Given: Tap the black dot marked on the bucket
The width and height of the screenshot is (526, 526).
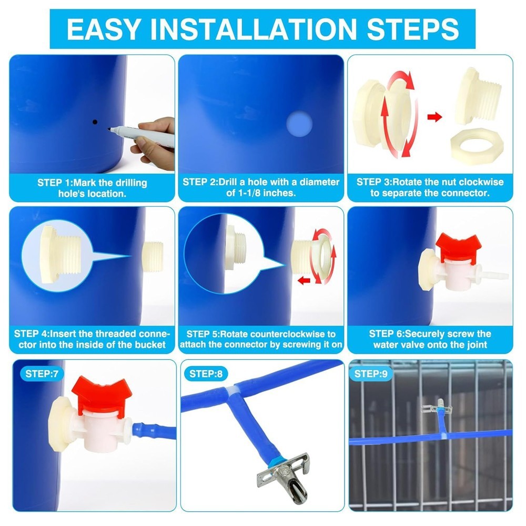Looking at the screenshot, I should [x=95, y=122].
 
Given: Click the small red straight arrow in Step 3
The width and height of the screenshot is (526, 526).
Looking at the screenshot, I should [x=434, y=117].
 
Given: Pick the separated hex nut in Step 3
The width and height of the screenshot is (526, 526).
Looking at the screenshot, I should [x=478, y=144].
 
